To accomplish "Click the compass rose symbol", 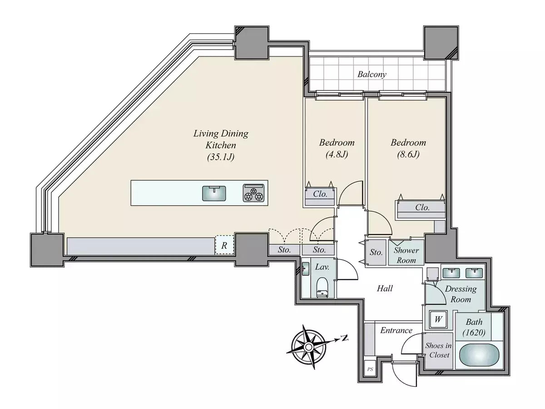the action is click(x=308, y=347).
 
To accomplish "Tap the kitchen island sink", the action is click(x=214, y=194).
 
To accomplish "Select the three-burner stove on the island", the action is click(x=253, y=193).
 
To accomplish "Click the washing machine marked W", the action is click(x=438, y=319).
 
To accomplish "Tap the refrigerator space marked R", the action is click(x=224, y=245).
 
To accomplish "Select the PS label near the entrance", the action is click(x=370, y=369).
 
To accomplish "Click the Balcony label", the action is click(x=372, y=74).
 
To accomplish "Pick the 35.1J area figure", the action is click(x=221, y=157).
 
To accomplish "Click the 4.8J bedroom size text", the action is click(x=337, y=154).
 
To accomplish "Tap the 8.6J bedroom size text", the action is click(x=408, y=154).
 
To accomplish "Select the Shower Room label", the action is click(x=406, y=255).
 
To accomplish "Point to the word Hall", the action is click(x=385, y=288).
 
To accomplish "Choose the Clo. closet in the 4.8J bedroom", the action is click(x=320, y=196).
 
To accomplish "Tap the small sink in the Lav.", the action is click(x=306, y=269).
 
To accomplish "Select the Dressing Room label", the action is click(x=461, y=294).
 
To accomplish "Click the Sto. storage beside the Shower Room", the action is click(x=376, y=252).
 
